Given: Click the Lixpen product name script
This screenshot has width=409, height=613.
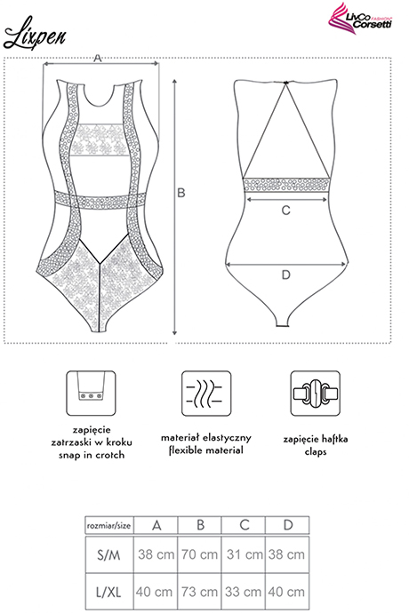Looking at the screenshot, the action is [35, 34].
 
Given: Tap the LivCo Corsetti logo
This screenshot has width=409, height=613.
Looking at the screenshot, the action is [360, 19].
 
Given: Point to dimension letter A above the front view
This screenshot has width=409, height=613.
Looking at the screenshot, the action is [98, 59].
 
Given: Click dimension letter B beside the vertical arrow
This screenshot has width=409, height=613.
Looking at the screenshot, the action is [181, 193].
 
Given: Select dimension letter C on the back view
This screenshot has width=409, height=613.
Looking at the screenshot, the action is [286, 211].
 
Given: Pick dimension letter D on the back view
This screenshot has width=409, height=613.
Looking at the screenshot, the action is [286, 275].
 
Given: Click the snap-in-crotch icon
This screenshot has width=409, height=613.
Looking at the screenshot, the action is [91, 393].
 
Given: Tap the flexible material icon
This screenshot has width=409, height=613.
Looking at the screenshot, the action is [206, 394].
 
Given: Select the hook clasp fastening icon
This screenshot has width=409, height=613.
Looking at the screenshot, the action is [315, 394].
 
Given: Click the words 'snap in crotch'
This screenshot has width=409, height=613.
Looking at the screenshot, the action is [92, 455].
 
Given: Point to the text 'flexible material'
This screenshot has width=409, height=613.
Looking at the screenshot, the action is [206, 450].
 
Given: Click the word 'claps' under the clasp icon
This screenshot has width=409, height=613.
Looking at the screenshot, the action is [316, 451].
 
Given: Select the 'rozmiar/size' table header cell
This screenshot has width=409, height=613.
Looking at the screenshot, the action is [108, 525].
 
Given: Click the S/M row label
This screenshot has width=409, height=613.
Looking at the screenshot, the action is [108, 554].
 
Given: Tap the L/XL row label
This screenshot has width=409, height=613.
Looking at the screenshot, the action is [108, 592].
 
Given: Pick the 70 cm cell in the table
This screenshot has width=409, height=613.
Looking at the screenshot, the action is [199, 554].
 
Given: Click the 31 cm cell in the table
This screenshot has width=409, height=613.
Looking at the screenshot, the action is [244, 554].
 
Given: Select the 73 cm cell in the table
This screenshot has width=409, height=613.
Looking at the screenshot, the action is [199, 592].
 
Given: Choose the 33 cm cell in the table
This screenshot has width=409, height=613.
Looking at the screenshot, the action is [244, 592].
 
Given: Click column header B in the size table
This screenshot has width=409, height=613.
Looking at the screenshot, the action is [200, 525].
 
